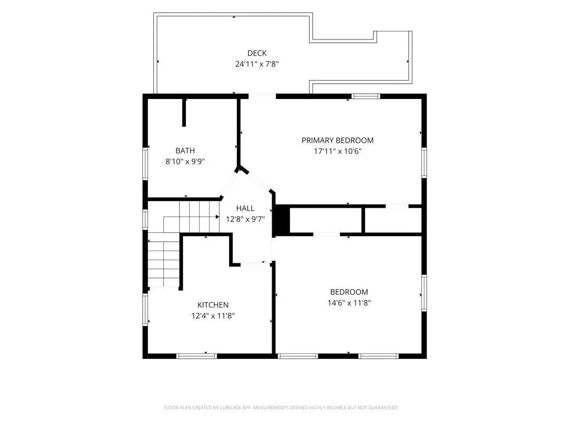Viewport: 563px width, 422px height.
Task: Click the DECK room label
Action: (x=257, y=53)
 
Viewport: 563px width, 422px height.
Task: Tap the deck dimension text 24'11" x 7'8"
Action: (x=257, y=64)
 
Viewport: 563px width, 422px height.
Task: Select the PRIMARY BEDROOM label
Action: (x=337, y=140)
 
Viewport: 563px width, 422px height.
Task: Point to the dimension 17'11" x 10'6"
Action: (x=337, y=151)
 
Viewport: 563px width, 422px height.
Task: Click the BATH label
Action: (x=185, y=151)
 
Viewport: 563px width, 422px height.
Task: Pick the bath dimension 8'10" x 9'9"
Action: (x=185, y=162)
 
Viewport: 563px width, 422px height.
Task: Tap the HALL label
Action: (x=245, y=208)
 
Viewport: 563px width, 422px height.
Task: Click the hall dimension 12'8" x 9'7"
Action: (x=245, y=219)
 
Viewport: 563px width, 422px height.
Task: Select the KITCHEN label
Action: (x=213, y=305)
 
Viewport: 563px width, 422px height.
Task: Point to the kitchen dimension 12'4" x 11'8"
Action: (x=213, y=316)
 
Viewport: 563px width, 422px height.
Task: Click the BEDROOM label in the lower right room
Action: (x=349, y=292)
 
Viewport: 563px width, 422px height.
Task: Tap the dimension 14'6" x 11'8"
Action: (x=349, y=303)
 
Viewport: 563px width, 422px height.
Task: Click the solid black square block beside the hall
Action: (x=282, y=219)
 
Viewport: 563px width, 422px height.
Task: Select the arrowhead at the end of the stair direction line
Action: (x=217, y=216)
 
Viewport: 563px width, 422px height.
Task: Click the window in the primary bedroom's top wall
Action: (x=366, y=96)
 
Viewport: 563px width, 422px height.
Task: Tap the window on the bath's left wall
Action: (x=145, y=163)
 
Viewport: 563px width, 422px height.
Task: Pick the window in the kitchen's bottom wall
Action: (x=196, y=356)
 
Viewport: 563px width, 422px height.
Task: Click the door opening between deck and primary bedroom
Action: (x=262, y=96)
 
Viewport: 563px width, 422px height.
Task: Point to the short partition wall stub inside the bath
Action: (x=184, y=112)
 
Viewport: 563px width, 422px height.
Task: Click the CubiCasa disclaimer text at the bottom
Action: (x=281, y=408)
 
